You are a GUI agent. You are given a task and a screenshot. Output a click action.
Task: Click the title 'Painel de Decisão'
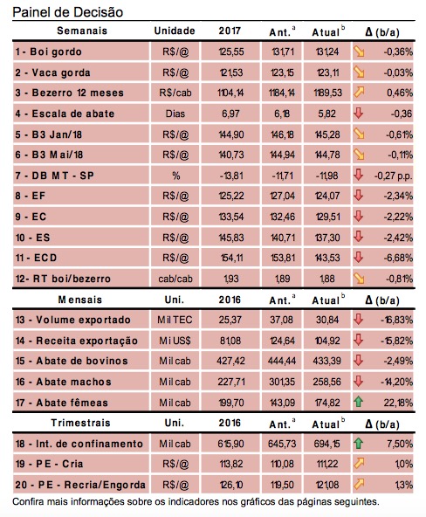67,12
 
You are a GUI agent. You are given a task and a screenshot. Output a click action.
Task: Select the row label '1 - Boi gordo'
48,52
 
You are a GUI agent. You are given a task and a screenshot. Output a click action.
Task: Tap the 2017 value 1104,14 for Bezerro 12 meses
230,93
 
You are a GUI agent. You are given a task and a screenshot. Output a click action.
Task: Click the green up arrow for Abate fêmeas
359,402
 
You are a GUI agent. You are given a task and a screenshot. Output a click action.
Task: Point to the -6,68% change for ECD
398,258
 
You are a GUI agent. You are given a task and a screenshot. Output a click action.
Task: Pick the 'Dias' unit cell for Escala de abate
175,114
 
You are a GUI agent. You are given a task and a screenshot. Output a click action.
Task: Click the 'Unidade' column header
175,31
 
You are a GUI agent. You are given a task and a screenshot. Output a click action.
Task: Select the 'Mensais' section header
80,300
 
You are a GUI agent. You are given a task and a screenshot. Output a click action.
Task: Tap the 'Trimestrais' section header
80,423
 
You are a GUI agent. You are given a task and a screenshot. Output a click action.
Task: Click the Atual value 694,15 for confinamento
327,444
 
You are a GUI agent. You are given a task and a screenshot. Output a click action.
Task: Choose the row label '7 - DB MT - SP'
55,176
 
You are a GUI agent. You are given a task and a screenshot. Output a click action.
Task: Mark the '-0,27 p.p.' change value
394,176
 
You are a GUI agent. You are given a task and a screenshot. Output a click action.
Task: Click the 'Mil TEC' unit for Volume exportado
175,320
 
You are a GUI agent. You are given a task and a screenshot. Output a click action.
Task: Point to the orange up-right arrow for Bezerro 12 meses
359,93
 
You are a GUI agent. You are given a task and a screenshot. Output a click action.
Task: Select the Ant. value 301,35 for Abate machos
282,382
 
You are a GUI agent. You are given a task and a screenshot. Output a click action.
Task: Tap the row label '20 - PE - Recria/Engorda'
80,485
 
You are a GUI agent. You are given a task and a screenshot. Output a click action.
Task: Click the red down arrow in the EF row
359,196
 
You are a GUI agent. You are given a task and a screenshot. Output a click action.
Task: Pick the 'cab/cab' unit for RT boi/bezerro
175,279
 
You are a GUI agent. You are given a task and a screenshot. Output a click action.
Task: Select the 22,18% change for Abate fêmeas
401,403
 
